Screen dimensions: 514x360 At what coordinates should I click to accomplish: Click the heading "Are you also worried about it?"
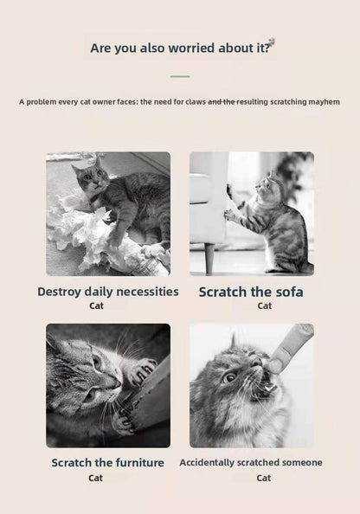point(179,48)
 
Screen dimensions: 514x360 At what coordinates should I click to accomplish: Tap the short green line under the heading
point(179,76)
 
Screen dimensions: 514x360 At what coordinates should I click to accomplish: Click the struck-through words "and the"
point(222,102)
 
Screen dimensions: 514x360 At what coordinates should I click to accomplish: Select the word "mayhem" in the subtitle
point(321,102)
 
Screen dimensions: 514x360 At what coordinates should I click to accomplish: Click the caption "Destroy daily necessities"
point(107,292)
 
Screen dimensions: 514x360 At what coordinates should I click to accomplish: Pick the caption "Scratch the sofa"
point(251,292)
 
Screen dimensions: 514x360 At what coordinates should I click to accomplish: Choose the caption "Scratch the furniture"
point(107,462)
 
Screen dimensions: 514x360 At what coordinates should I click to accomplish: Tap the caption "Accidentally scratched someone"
point(251,462)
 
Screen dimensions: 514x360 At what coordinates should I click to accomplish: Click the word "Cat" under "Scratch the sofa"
point(264,305)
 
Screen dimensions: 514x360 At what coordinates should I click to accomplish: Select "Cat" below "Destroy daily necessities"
point(95,305)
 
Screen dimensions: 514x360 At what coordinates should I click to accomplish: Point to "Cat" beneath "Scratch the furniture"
point(95,478)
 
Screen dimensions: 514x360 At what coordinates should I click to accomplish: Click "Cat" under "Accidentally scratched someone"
point(263,478)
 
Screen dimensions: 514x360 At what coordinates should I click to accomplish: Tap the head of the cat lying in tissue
point(88,179)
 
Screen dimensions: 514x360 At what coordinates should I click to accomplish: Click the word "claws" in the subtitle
point(195,102)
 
